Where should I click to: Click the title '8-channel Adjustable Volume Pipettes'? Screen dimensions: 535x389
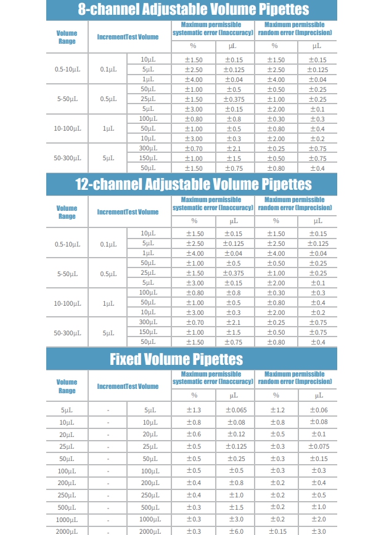pyautogui.click(x=194, y=9)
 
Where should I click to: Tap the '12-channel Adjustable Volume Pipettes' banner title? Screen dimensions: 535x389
pyautogui.click(x=194, y=184)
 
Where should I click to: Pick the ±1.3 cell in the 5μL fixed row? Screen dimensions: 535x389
pyautogui.click(x=194, y=410)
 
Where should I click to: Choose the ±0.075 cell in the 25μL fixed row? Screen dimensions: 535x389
pyautogui.click(x=318, y=446)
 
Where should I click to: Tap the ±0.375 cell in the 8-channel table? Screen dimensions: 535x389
pyautogui.click(x=234, y=99)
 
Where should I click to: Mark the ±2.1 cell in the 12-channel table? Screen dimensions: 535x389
pyautogui.click(x=234, y=322)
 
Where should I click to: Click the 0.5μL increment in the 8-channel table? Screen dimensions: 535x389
pyautogui.click(x=108, y=99)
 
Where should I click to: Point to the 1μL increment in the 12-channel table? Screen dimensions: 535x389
pyautogui.click(x=108, y=303)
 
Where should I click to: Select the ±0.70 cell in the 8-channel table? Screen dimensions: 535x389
pyautogui.click(x=194, y=148)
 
